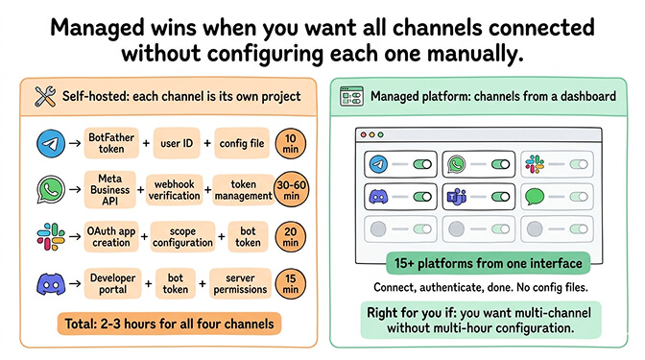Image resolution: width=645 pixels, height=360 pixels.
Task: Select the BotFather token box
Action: [112, 143]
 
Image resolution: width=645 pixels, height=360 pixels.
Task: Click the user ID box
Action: [179, 143]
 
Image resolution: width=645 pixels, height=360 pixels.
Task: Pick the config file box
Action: [241, 143]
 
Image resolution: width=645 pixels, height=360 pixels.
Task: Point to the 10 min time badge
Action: [291, 143]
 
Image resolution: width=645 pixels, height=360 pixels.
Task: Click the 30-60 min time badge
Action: [291, 188]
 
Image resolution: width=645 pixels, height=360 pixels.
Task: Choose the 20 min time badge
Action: [291, 236]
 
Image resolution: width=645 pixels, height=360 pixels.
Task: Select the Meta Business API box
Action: [112, 188]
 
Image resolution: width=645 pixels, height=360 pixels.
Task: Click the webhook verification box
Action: [177, 188]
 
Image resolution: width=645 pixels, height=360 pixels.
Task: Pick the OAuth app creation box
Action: [112, 236]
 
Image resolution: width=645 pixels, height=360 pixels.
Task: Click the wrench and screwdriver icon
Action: [45, 95]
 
